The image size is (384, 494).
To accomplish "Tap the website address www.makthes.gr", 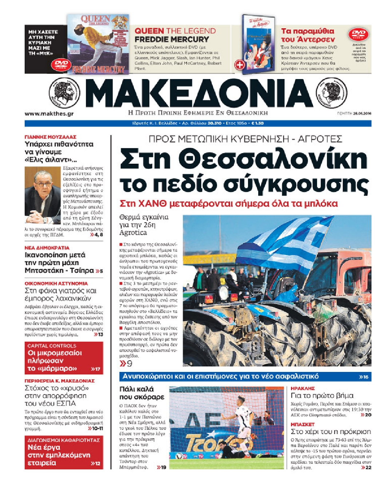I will point(49,114).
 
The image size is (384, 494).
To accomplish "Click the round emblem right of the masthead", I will point(332,92).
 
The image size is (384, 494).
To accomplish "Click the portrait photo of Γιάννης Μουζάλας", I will point(43,195).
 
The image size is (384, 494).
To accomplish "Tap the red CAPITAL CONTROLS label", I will point(52,346).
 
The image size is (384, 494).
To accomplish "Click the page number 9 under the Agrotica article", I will point(129,364).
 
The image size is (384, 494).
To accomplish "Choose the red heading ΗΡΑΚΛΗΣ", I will point(303,388).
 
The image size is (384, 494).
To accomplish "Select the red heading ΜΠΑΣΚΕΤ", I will point(303,424).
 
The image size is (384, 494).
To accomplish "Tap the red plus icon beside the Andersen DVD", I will point(240,65).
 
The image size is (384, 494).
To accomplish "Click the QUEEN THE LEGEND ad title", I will point(175,31).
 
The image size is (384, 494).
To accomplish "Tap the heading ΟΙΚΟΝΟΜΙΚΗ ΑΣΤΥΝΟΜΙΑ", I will point(56,283).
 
